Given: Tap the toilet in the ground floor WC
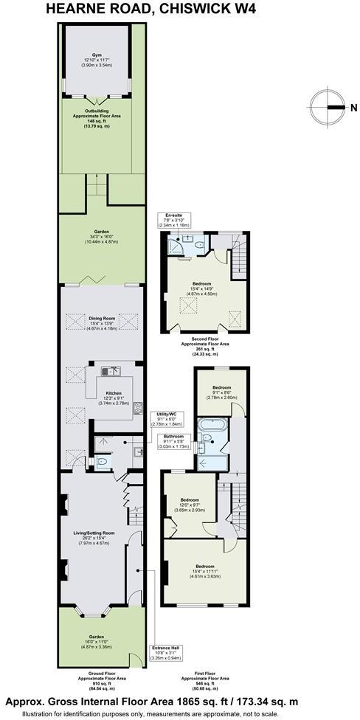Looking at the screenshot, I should tap(103, 461).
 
